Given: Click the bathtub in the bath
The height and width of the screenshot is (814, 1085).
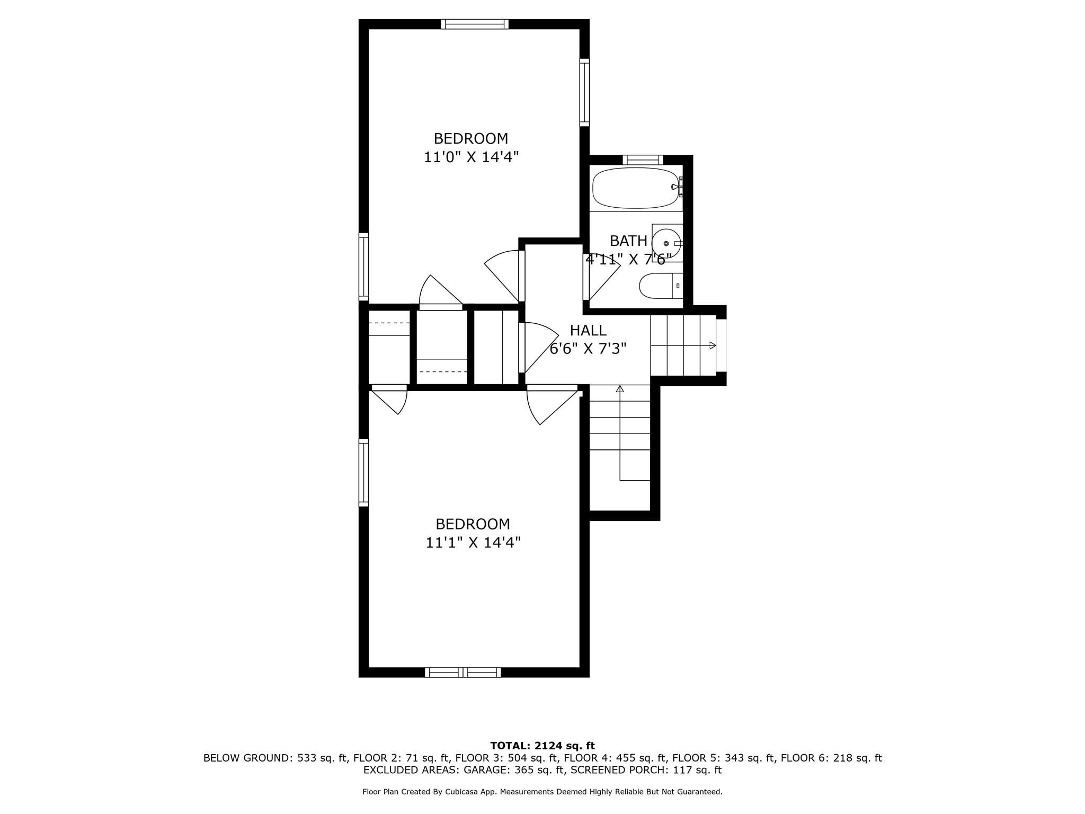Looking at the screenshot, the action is (635, 188).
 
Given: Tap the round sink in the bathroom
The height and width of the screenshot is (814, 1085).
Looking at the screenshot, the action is (666, 243).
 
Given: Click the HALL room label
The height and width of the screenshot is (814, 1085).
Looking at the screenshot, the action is (588, 331).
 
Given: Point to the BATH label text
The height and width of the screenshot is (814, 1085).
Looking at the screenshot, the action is (628, 241).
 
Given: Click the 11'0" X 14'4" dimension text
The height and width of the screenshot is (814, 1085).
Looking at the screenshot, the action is (471, 157).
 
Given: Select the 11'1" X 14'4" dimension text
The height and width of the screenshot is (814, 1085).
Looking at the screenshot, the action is (473, 543).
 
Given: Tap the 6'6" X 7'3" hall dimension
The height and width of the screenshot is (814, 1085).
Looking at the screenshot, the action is (588, 349).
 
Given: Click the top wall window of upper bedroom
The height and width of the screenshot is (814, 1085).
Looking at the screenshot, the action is (475, 24).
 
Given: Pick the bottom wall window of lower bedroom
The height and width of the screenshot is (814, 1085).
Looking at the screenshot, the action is (463, 673).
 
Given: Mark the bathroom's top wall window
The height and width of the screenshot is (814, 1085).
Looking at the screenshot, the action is (643, 160).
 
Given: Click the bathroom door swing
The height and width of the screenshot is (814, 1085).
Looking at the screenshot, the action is (601, 277).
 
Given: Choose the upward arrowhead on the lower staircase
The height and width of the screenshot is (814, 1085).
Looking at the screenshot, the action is (620, 389).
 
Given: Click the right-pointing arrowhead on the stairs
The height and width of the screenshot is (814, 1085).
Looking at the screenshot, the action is (713, 346).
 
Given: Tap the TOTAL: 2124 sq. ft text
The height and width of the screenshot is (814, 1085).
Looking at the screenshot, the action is (542, 746).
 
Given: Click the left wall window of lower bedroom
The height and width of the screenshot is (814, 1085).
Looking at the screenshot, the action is (363, 472).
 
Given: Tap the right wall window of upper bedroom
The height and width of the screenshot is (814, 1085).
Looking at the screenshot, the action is (584, 92).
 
